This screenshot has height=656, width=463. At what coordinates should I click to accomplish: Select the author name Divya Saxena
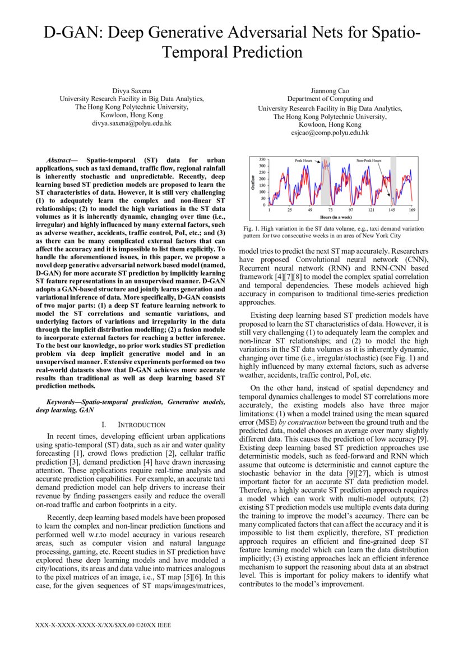(x=132, y=90)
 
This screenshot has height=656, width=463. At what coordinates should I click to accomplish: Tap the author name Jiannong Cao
(x=330, y=90)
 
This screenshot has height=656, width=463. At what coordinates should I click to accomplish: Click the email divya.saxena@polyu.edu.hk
(x=132, y=122)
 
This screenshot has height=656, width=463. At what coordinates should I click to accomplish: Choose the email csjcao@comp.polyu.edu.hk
(x=330, y=133)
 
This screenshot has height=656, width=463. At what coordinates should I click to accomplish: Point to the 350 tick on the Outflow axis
(x=262, y=159)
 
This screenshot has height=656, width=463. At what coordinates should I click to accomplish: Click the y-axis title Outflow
(x=253, y=182)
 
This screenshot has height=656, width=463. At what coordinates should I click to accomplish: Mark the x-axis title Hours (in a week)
(x=340, y=216)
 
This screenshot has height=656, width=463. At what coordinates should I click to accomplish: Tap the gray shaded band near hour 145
(x=393, y=182)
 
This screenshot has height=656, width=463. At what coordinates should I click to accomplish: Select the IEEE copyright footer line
(x=103, y=625)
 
